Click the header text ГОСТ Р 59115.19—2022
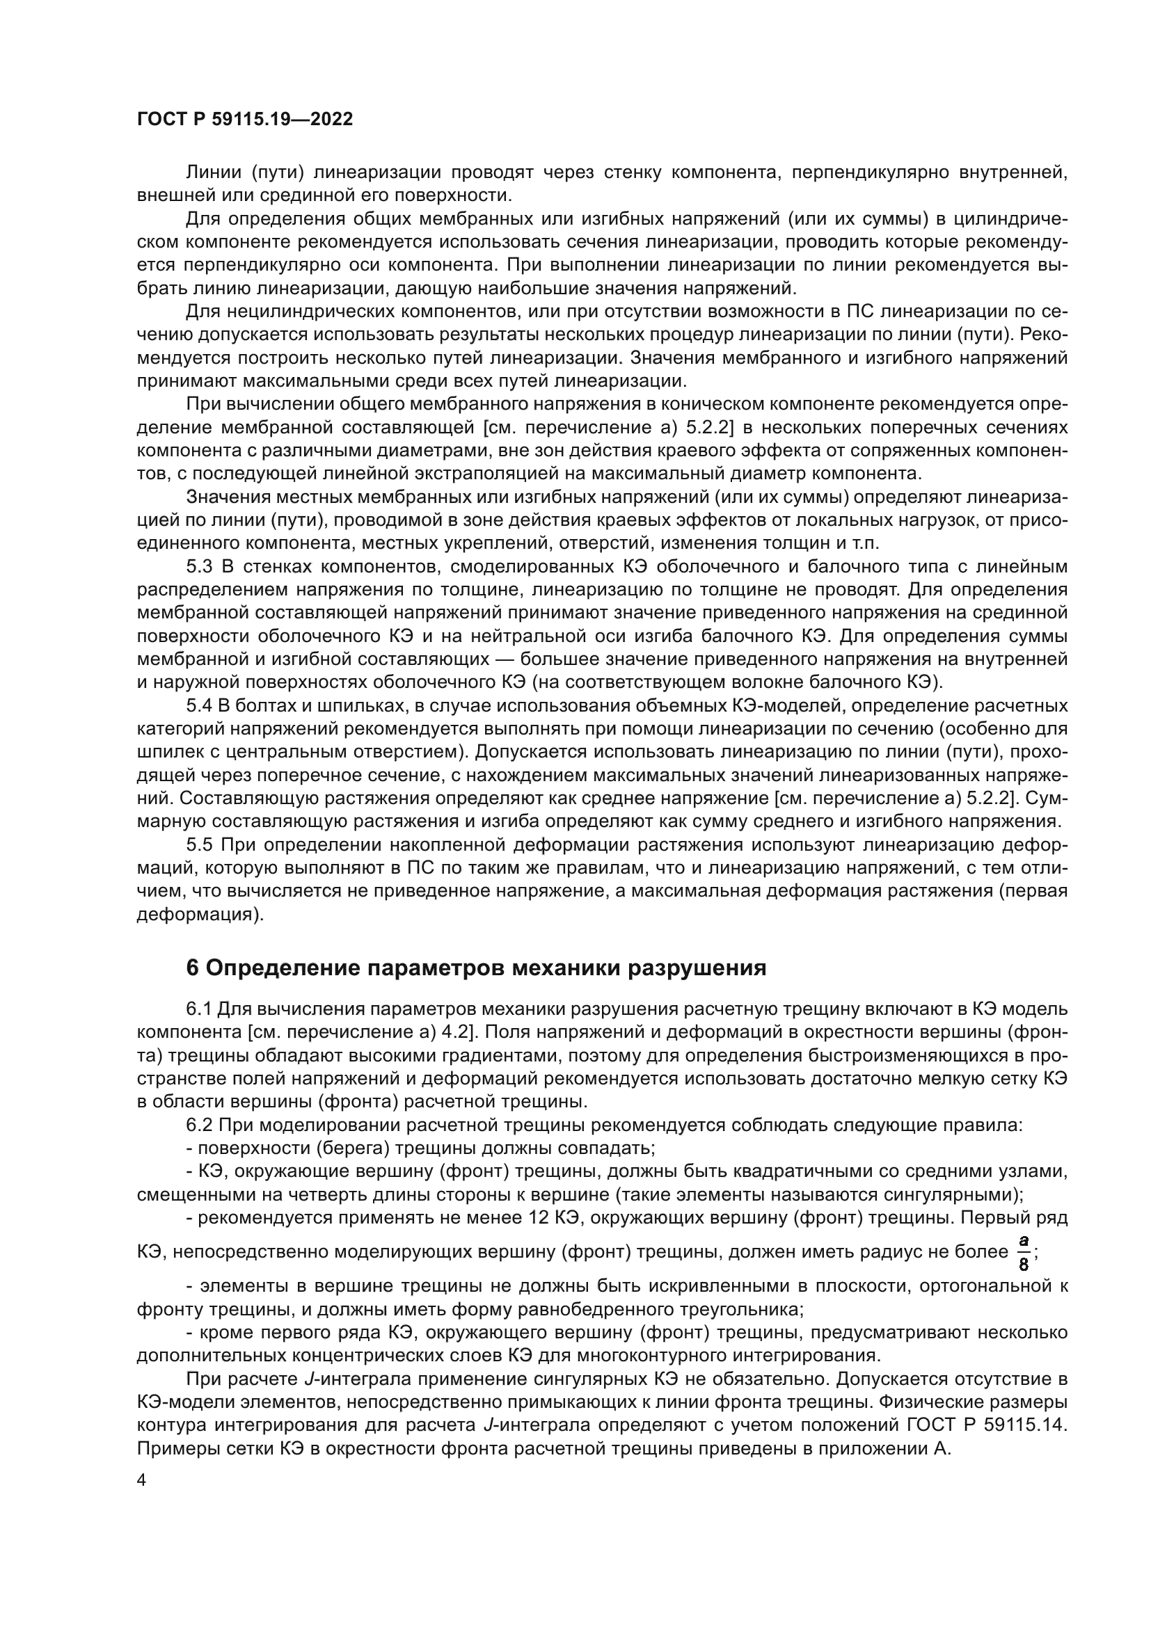(244, 120)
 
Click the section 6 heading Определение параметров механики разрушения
(475, 968)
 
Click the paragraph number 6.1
(199, 1009)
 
